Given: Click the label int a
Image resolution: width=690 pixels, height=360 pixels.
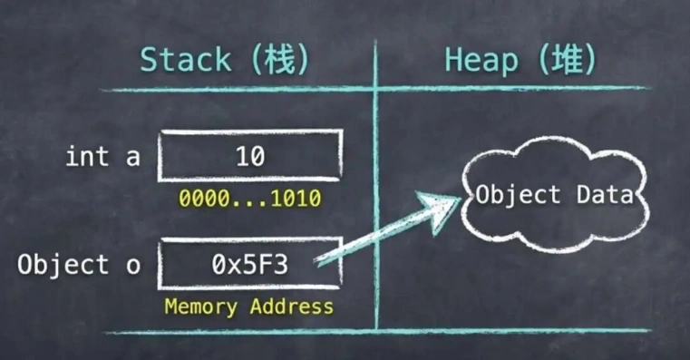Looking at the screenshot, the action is (102, 157).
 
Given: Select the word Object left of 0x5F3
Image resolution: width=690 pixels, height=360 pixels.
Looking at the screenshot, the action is (61, 266).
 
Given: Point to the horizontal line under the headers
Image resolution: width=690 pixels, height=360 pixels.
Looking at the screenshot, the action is (376, 89).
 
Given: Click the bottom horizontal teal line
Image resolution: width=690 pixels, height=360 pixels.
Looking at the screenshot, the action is (376, 332).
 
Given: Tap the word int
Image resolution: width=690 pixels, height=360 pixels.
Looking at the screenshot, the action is (84, 157).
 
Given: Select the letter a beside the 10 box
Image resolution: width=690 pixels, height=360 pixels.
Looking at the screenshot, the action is (133, 157).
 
